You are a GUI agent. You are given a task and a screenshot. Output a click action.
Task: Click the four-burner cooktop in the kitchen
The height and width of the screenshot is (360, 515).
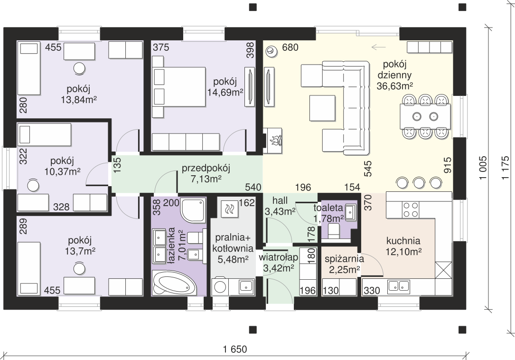point(411,210)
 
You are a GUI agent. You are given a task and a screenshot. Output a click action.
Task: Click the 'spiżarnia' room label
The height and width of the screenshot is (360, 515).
point(344,259)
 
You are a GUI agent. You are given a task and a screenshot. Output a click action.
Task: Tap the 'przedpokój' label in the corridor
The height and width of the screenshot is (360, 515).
point(206,168)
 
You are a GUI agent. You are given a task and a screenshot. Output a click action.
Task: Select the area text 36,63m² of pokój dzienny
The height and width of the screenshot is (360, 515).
point(395,86)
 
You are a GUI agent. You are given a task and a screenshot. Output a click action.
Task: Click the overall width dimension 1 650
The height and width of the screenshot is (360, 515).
point(235,349)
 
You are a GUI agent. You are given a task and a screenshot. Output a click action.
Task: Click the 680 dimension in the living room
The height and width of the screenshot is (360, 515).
point(290,47)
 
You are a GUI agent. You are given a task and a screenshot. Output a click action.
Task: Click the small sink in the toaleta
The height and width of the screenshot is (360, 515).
point(350,212)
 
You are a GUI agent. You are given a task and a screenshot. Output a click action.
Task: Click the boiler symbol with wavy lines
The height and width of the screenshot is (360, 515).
point(229,208)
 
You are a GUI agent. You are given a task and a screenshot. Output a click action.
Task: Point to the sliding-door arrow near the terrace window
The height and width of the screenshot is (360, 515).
point(378,47)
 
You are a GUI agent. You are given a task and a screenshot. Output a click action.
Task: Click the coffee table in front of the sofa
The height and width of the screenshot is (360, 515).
point(322,108)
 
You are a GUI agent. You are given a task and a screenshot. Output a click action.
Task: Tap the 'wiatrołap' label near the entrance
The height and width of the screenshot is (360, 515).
point(279,257)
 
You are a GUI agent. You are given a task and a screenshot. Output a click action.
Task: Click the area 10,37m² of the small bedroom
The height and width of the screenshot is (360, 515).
point(62,171)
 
